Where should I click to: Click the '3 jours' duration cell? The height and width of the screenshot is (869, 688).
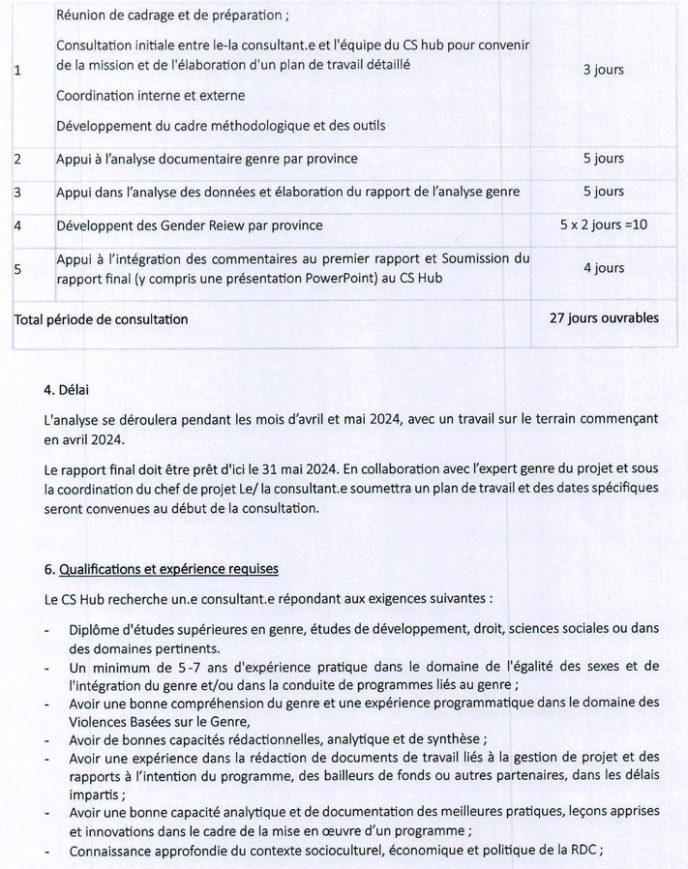coord(603,71)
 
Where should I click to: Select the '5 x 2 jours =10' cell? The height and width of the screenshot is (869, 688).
coord(603,225)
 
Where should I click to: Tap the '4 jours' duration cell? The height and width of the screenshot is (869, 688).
coord(603,268)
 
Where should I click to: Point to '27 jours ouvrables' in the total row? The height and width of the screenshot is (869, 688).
coord(603,317)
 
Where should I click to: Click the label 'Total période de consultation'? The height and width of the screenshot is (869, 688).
coord(101,318)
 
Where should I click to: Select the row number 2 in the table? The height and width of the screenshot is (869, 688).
coord(18,159)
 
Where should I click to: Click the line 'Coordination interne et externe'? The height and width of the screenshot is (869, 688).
coord(150,96)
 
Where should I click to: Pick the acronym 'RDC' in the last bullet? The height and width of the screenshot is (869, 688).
coord(583,852)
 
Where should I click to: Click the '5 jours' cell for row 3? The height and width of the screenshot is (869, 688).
coord(603,192)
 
